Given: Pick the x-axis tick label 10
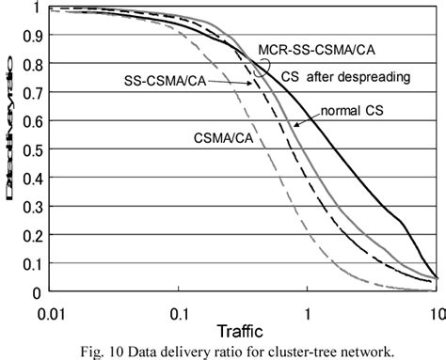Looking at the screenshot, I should pos(435,309).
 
